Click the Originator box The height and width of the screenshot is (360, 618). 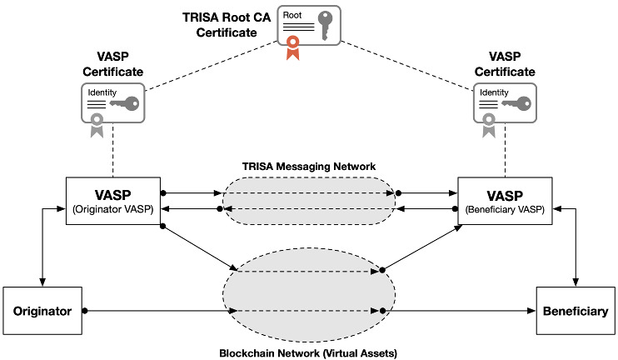tap(44, 311)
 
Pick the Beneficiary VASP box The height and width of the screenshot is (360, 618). tap(505, 201)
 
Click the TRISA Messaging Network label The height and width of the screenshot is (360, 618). tap(309, 167)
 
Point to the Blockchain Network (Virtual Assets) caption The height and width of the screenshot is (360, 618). tap(308, 352)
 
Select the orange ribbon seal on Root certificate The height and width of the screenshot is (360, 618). tap(292, 48)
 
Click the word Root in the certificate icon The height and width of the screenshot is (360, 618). tap(292, 15)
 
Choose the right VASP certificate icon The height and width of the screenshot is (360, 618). tap(504, 105)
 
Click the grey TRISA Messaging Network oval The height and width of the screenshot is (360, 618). tap(308, 201)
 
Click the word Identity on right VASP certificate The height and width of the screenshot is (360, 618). tap(492, 92)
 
